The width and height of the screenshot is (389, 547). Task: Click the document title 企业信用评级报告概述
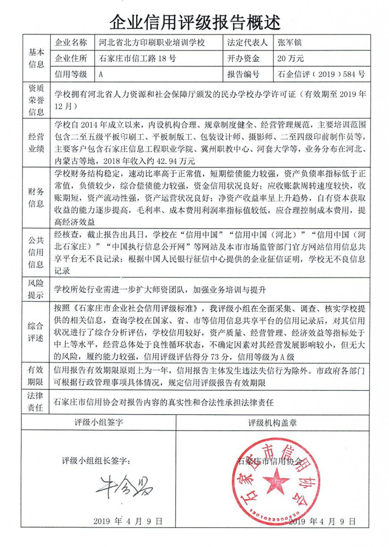(x=194, y=20)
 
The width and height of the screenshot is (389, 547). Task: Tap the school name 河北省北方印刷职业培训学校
(x=152, y=42)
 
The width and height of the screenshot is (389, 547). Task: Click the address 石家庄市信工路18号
(x=137, y=58)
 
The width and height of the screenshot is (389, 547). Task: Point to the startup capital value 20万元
(x=290, y=58)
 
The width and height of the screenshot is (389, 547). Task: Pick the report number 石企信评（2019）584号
(x=320, y=74)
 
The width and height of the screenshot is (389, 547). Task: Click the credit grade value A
(x=101, y=75)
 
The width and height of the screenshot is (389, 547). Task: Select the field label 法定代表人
(x=248, y=42)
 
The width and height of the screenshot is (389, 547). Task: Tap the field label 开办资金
(x=243, y=58)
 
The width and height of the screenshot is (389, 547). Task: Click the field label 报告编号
(x=243, y=74)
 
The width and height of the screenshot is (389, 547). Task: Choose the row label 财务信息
(x=36, y=199)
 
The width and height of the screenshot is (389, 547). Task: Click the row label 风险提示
(x=36, y=290)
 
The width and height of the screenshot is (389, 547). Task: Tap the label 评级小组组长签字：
(x=96, y=460)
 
